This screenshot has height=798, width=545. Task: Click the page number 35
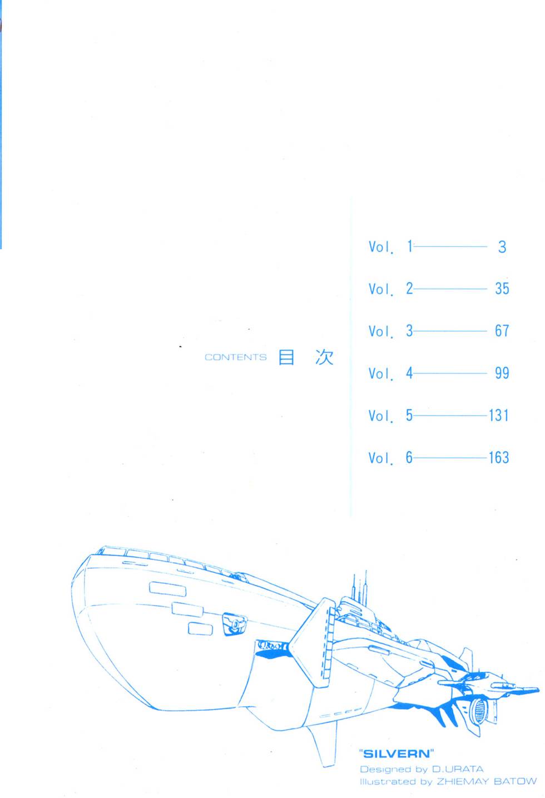(502, 289)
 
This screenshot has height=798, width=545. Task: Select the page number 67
(502, 331)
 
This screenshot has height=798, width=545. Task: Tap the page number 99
(502, 373)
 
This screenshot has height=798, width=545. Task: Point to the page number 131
(499, 415)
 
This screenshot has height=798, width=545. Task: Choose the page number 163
(499, 458)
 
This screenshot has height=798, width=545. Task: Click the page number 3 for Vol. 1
(502, 246)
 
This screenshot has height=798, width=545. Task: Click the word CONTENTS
(235, 358)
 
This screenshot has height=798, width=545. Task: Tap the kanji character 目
(286, 358)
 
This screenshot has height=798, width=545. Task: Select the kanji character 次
(324, 358)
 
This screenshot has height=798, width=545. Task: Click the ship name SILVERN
(397, 754)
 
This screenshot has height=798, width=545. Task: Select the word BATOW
(515, 781)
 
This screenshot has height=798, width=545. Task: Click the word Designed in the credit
(385, 769)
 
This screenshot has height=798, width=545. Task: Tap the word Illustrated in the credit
(383, 781)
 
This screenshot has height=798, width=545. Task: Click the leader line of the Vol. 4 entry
(449, 373)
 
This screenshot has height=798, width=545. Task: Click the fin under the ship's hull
(323, 746)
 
